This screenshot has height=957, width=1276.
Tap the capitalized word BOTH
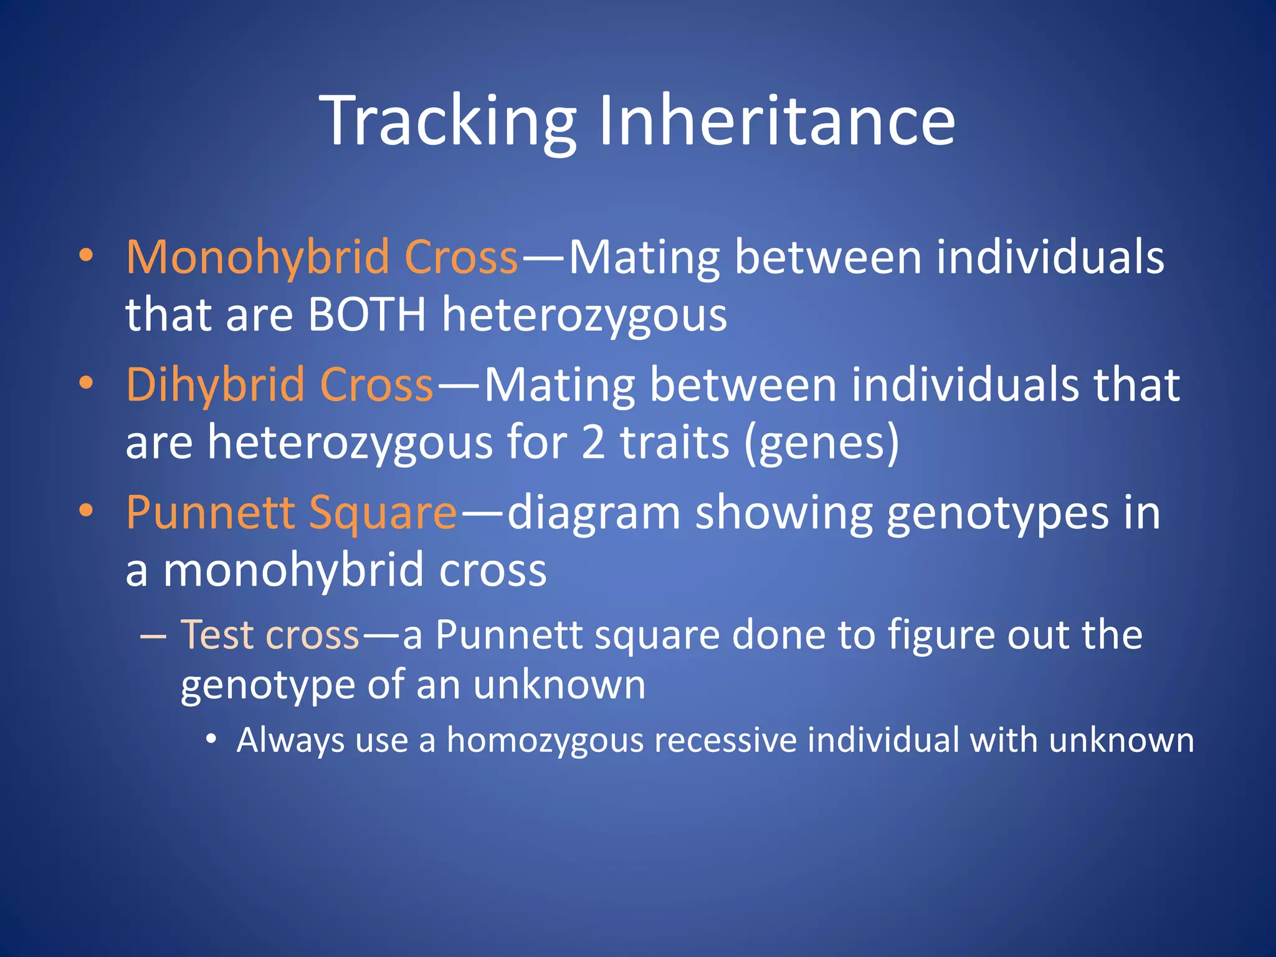(367, 315)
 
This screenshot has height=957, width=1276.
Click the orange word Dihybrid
(215, 384)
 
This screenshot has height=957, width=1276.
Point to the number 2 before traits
(593, 442)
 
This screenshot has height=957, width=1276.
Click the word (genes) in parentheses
(822, 442)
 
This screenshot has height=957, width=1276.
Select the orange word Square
(383, 513)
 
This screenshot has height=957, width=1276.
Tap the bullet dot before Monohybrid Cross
(86, 255)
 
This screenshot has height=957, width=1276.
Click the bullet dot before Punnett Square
(86, 510)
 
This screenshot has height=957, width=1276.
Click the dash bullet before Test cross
(153, 636)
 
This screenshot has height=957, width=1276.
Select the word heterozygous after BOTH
(584, 315)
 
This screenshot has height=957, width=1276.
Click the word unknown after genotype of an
(559, 685)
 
